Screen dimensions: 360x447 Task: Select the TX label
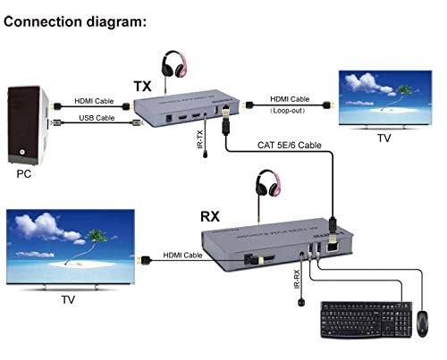[142, 85]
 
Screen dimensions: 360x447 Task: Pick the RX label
[212, 215]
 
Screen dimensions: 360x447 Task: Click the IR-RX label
[297, 275]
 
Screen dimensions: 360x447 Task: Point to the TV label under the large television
[67, 301]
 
